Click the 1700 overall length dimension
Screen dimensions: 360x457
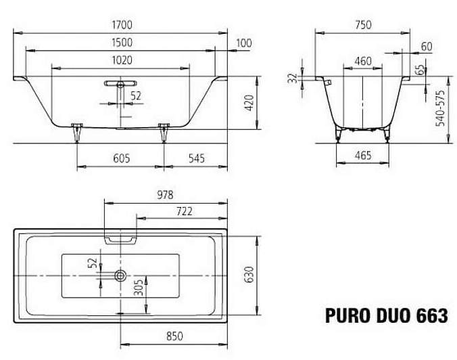point(122,25)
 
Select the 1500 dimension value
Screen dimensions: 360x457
point(122,43)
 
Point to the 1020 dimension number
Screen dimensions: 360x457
point(122,60)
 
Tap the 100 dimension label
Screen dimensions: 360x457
point(243,43)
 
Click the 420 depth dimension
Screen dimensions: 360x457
point(248,103)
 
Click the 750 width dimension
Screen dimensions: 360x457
point(363,25)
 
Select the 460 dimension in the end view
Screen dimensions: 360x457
point(363,61)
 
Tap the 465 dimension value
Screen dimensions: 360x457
point(363,156)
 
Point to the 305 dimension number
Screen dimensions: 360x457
point(137,291)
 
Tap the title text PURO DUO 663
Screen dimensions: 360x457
point(386,315)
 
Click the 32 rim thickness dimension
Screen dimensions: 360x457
point(293,78)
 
